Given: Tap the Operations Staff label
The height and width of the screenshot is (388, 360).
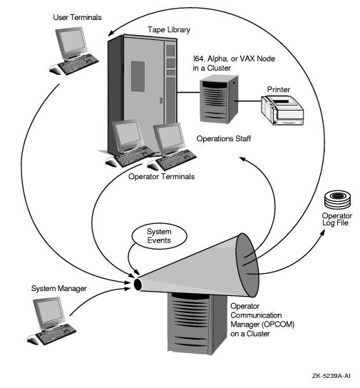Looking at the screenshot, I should (x=230, y=141).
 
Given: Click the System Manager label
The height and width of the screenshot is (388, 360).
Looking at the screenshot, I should (x=58, y=288).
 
